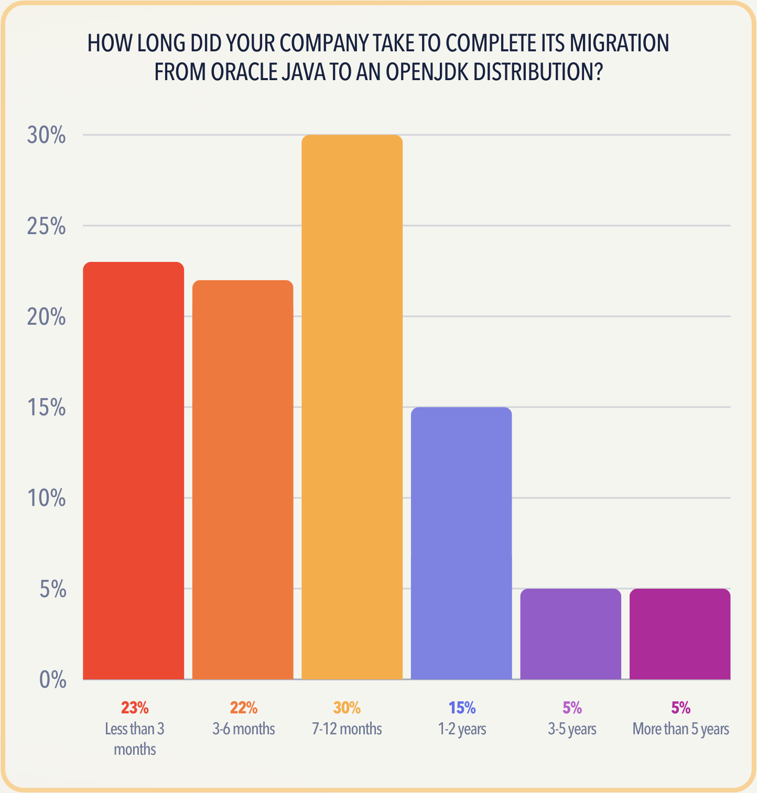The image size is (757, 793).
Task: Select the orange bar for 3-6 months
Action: [x=243, y=480]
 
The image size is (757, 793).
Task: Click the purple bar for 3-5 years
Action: [x=570, y=634]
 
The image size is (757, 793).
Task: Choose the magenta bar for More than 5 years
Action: [x=680, y=634]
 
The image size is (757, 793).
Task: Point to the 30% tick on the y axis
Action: [x=47, y=136]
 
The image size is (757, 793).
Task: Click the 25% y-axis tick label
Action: [x=47, y=226]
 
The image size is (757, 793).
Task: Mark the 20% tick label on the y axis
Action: [x=47, y=317]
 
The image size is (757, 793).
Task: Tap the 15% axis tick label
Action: [x=47, y=407]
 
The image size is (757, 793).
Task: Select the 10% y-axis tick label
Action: [x=47, y=498]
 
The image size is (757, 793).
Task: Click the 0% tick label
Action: [x=52, y=680]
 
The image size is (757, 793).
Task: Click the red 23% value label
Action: [x=135, y=708]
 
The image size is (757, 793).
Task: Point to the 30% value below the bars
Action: [x=347, y=708]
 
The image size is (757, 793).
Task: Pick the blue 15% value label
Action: [x=462, y=708]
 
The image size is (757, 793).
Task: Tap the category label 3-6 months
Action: [x=243, y=729]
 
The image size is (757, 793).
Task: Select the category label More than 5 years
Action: [x=680, y=729]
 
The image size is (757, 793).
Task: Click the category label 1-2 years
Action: [x=462, y=729]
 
